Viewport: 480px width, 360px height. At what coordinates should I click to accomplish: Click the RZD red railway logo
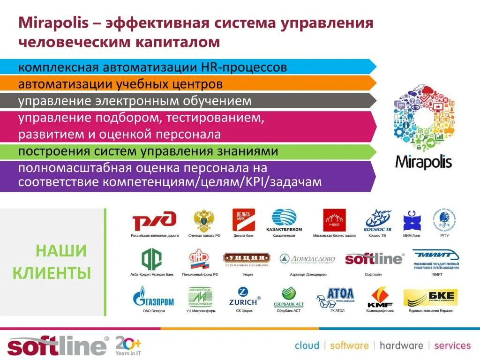154,220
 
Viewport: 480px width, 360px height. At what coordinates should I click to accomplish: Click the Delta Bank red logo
243,219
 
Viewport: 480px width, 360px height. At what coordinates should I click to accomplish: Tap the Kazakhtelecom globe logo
285,219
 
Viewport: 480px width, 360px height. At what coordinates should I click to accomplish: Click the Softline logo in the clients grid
374,259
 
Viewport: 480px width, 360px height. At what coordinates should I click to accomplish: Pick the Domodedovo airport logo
307,259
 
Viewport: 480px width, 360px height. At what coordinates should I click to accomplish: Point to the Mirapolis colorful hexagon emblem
423,117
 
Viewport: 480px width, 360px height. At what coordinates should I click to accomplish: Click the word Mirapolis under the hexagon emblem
423,162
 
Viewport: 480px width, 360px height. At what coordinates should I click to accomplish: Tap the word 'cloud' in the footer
307,346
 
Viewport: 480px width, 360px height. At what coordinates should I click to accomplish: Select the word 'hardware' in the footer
401,346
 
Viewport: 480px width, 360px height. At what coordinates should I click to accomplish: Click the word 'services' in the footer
452,346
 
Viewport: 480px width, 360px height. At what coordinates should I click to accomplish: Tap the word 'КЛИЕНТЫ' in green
52,273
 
